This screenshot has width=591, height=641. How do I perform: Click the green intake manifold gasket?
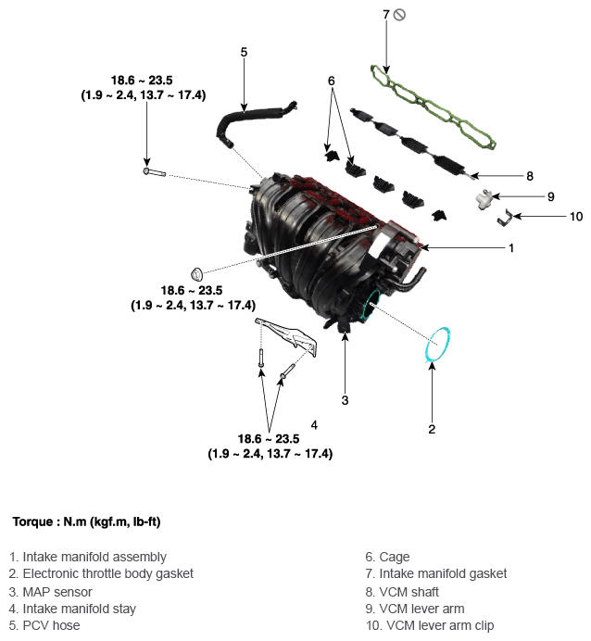pos(434,107)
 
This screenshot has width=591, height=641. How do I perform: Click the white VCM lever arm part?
pos(484,199)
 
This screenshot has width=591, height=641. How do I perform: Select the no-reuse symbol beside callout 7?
pos(399,15)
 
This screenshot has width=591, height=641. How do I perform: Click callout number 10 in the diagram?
pos(576,216)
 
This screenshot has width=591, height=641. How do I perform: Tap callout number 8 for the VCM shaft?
pos(530,176)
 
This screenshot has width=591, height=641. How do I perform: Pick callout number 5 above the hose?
pos(244,52)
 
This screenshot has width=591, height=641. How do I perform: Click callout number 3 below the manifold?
pos(345,400)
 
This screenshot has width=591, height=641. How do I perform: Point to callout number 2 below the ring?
pos(432,429)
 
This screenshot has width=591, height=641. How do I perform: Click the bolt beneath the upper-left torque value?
pos(155,172)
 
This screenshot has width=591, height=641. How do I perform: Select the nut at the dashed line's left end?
pos(197,273)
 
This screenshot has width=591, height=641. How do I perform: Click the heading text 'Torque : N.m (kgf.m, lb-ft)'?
pos(87,522)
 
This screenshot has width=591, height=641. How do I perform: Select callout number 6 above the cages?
pos(331,81)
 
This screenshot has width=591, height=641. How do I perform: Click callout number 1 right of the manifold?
pos(511,247)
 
